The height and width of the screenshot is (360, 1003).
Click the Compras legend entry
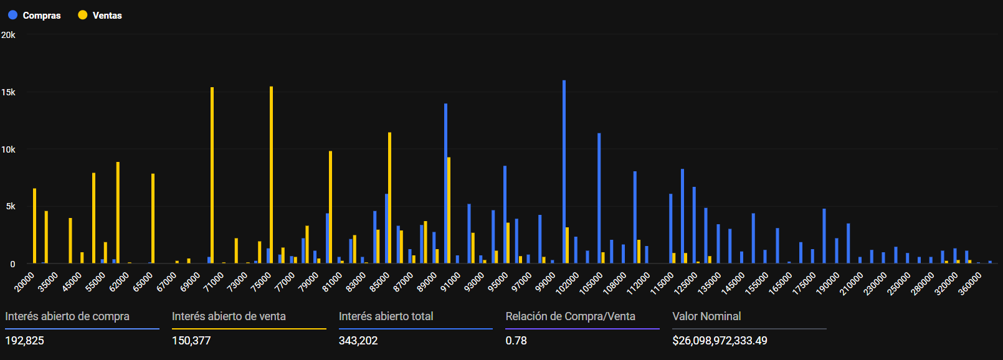coord(34,16)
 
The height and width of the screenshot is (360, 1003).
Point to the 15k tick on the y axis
coord(8,92)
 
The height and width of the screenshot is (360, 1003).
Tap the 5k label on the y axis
coord(11,206)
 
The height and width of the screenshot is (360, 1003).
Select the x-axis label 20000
coord(25,282)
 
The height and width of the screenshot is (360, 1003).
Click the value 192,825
coord(25,341)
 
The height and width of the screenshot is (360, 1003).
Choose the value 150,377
coord(191,341)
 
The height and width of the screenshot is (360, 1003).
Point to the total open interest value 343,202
coord(358,341)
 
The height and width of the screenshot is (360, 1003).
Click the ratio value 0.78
coord(516,341)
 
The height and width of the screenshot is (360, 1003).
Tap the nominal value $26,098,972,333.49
coord(720,341)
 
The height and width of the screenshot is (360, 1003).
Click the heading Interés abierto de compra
coord(67,316)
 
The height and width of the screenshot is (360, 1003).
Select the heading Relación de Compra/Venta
coord(570,316)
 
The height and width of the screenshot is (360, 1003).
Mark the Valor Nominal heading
coord(706,316)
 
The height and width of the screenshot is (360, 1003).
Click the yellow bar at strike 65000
coord(153,218)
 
